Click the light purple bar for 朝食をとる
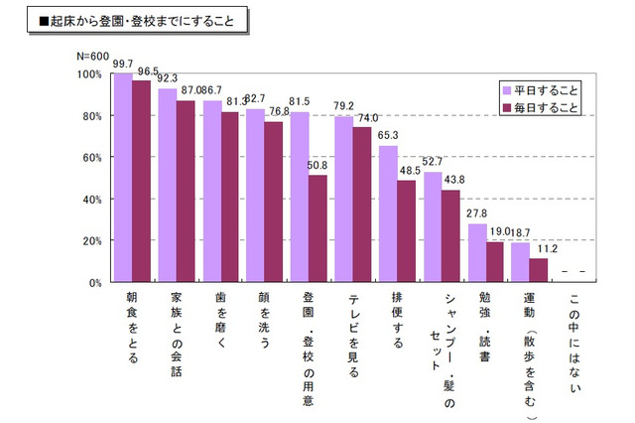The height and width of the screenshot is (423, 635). [123, 179]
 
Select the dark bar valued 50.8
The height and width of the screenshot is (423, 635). [317, 229]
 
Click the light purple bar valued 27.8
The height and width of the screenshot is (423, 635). [477, 253]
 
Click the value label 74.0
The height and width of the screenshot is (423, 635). [366, 118]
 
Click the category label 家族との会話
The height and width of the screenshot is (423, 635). [177, 334]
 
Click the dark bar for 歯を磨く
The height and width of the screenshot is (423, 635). [229, 198]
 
